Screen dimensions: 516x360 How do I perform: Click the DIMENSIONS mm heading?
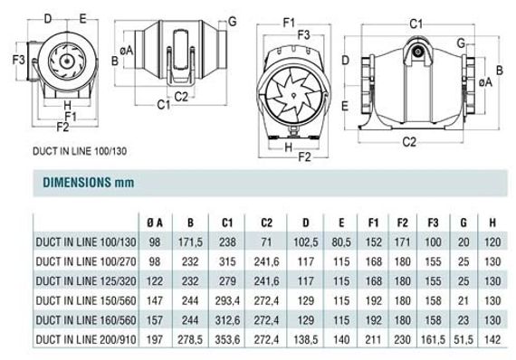(89, 183)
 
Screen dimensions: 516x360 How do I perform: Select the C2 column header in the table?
(266, 223)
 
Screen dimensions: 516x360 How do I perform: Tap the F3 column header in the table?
(433, 223)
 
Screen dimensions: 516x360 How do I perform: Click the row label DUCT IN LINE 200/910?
(86, 339)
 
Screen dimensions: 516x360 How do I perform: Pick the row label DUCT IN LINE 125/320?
(86, 281)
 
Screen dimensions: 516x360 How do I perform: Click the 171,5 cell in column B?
(190, 242)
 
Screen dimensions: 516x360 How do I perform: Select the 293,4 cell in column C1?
(227, 301)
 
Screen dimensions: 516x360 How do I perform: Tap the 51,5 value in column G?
(463, 340)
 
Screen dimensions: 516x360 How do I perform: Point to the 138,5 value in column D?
(306, 340)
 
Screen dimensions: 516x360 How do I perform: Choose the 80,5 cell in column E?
(341, 242)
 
